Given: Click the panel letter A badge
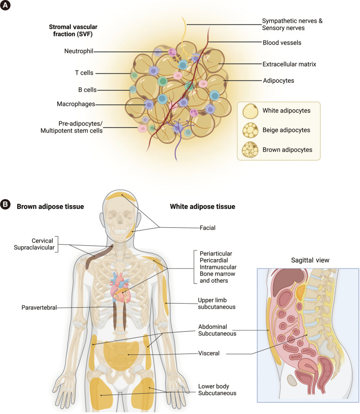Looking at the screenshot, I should pos(6,6).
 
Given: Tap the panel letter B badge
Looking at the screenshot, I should pos(6,204).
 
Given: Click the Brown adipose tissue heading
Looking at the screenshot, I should pos(50,207).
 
